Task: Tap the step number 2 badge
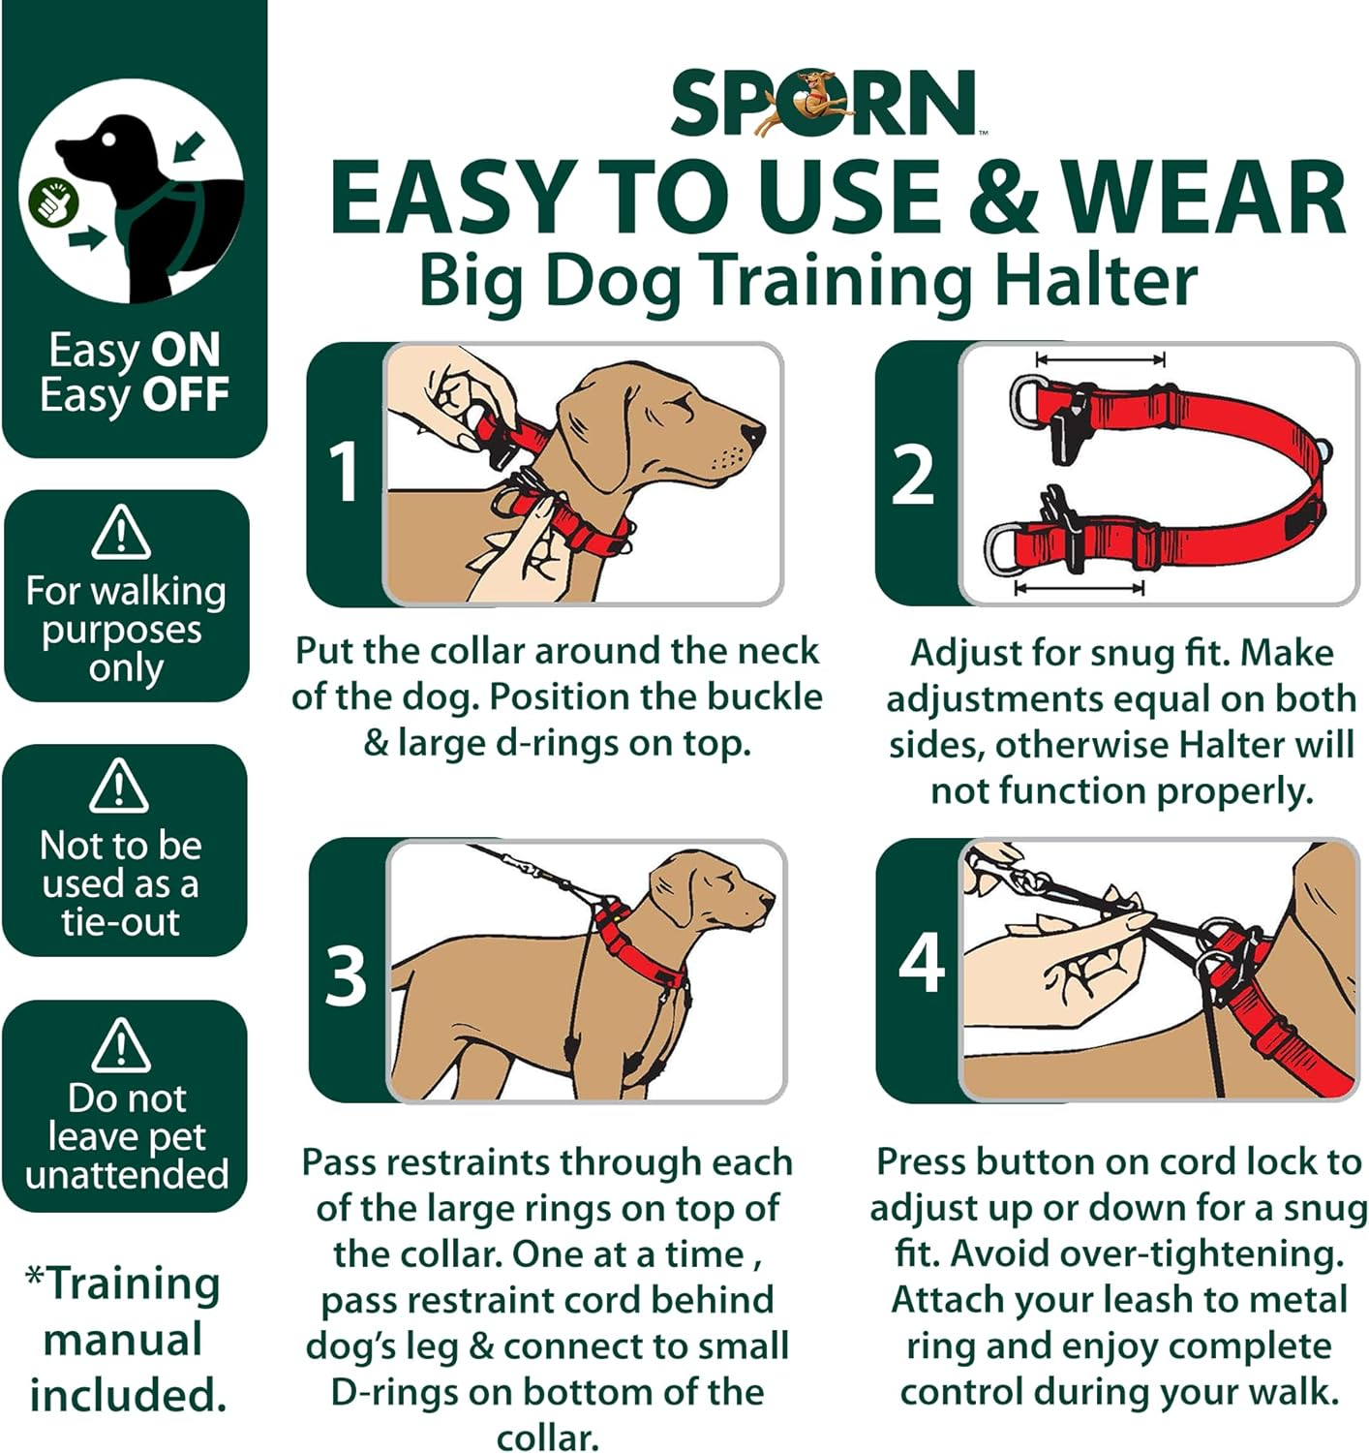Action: point(913,475)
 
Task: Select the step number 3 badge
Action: point(346,974)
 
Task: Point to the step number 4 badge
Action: point(921,963)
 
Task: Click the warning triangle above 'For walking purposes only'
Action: point(121,533)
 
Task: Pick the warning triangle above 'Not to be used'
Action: point(119,786)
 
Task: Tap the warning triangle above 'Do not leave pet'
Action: point(121,1045)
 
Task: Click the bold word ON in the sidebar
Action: point(186,350)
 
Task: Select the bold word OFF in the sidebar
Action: point(186,394)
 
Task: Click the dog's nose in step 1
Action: point(752,432)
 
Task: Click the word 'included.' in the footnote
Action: point(128,1395)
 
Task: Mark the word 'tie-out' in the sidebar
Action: point(121,921)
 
